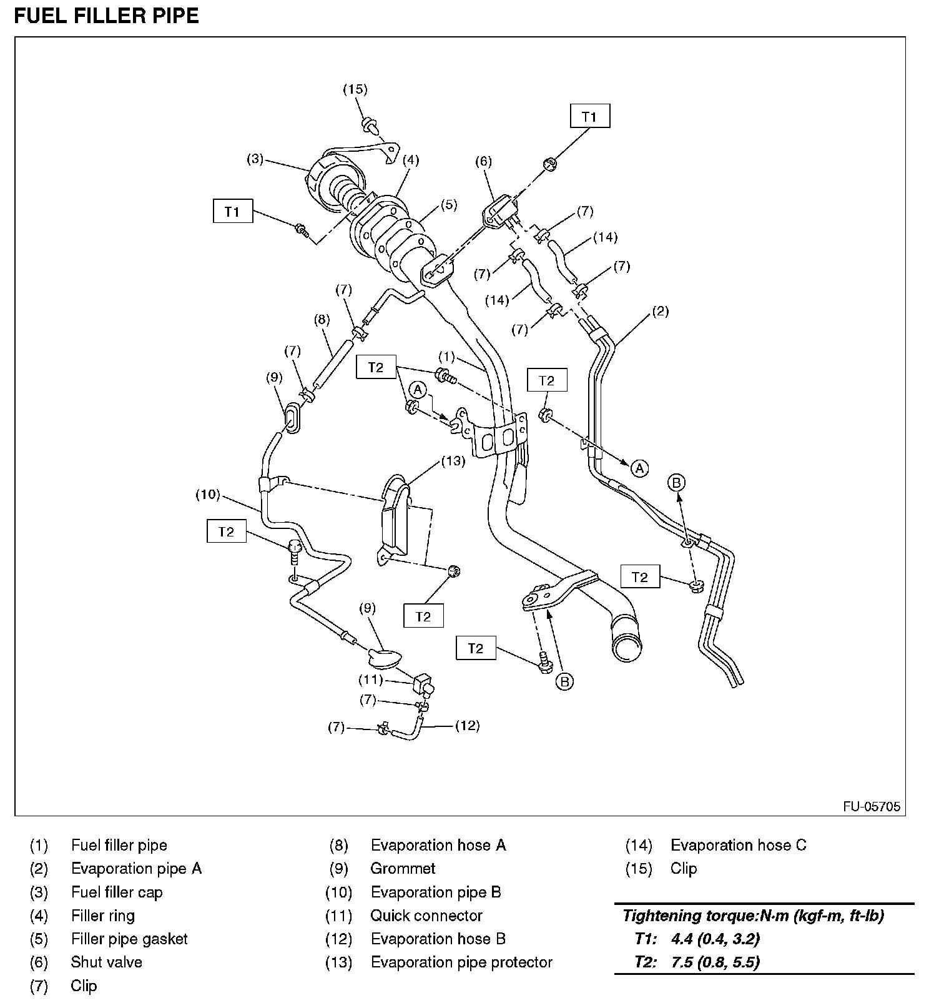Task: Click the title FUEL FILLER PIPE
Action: (x=106, y=16)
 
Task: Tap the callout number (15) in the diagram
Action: (x=355, y=89)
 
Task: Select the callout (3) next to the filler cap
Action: (x=255, y=159)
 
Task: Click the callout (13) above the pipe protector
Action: (x=453, y=461)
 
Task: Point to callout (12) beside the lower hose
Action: (x=467, y=725)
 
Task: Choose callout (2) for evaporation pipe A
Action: (x=660, y=311)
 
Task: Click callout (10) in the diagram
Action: (x=208, y=495)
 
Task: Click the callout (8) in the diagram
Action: (x=322, y=320)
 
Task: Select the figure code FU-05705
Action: (x=872, y=806)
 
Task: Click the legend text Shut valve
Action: (x=106, y=962)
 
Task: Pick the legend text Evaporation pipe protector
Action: (x=461, y=962)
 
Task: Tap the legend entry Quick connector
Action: (x=426, y=916)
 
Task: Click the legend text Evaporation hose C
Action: (x=738, y=845)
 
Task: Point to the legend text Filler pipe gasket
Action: (x=129, y=939)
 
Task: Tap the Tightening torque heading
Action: (x=753, y=916)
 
